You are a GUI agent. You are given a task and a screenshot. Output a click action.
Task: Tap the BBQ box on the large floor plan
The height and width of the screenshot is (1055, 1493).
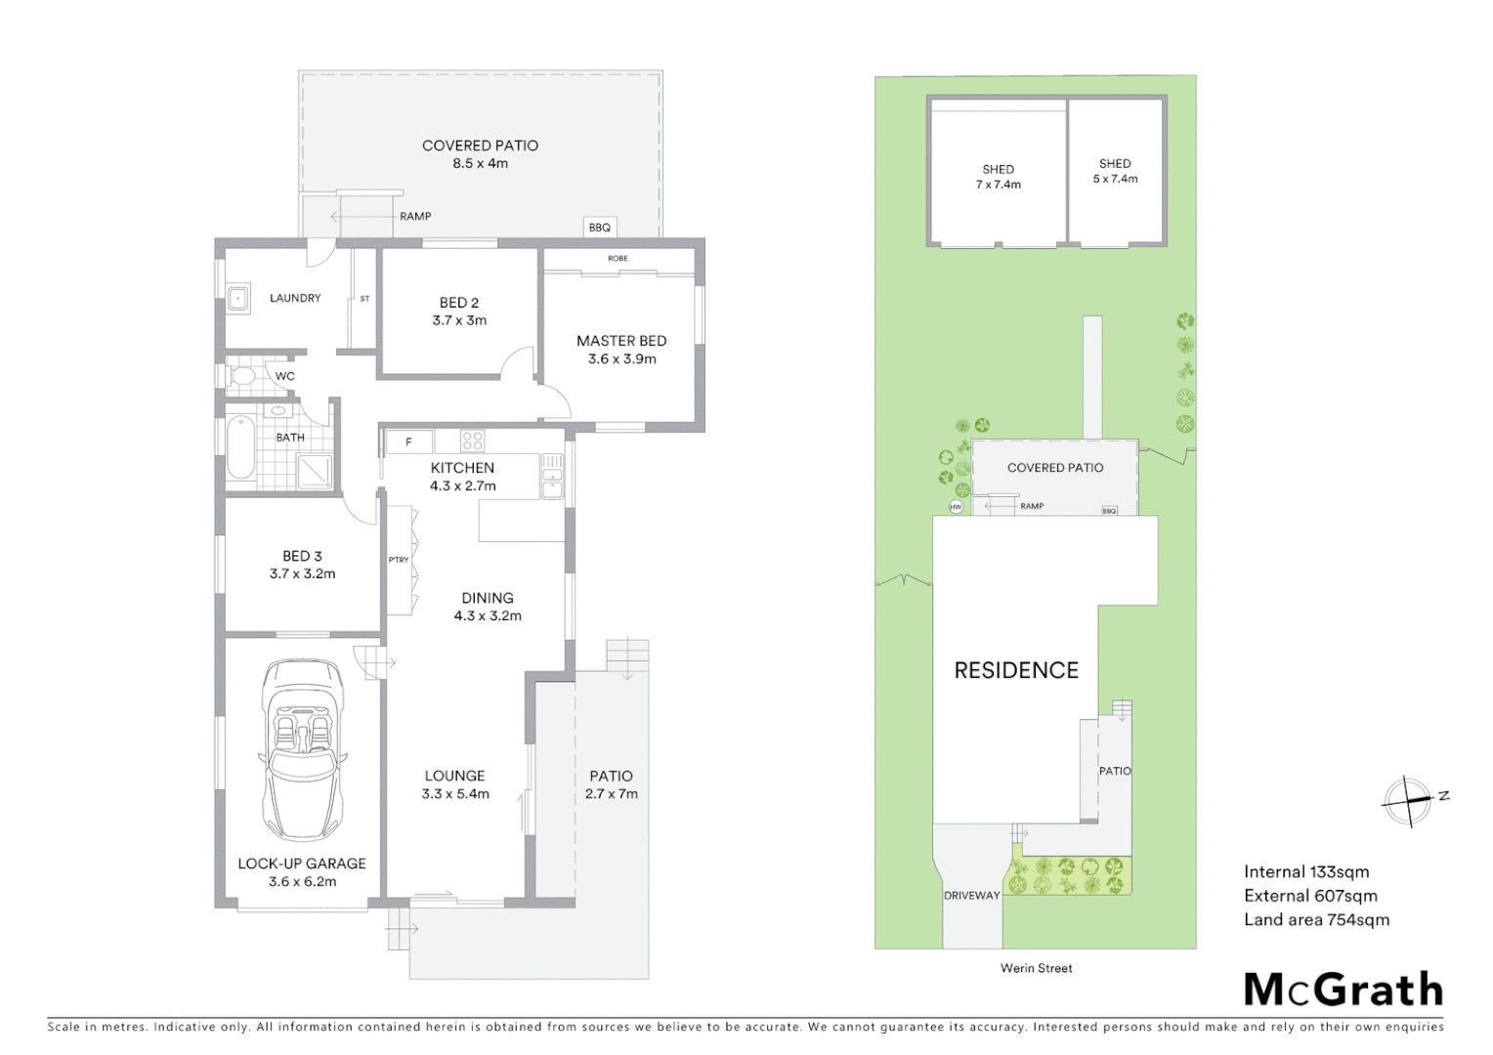(599, 227)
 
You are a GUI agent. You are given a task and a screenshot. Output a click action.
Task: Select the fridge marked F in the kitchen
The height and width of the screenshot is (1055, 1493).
(409, 443)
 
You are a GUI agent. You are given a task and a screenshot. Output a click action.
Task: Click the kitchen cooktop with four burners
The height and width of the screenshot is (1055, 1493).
(472, 441)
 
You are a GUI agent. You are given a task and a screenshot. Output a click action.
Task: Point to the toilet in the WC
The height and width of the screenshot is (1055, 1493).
(242, 376)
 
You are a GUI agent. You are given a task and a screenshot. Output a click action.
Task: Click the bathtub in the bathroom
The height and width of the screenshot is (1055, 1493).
(240, 448)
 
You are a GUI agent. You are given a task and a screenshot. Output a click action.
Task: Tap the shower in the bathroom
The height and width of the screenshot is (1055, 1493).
(315, 472)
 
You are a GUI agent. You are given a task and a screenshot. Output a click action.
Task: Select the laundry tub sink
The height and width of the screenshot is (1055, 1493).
(238, 298)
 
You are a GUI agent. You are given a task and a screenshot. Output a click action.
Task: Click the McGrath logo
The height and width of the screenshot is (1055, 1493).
(1343, 990)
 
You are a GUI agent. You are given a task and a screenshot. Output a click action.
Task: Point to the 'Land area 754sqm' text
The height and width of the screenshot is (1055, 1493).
(1316, 919)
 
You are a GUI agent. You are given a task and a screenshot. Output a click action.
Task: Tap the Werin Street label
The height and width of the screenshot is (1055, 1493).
(1036, 968)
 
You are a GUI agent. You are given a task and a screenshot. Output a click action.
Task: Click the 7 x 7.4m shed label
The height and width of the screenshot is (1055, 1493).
(998, 177)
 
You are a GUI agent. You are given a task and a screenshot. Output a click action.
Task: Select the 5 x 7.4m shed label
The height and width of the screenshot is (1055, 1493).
(1115, 171)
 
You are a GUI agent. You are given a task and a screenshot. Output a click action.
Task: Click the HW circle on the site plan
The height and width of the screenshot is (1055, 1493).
(956, 507)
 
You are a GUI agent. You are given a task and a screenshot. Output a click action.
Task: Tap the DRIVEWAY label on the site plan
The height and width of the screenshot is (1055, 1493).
(971, 896)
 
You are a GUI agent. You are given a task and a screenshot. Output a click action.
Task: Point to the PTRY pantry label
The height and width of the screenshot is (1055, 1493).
(399, 560)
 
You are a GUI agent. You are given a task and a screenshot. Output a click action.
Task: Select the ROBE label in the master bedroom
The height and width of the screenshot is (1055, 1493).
(618, 259)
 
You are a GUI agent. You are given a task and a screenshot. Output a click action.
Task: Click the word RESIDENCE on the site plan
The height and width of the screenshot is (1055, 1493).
(1016, 670)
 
